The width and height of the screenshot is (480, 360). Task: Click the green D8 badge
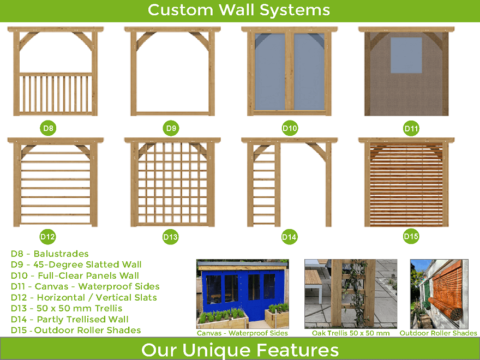48,128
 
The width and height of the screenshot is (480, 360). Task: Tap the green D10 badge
290,128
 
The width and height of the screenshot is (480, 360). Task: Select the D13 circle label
170,237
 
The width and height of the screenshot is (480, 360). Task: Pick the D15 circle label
411,236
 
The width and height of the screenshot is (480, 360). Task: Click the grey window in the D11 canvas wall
406,55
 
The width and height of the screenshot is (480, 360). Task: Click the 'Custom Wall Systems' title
239,10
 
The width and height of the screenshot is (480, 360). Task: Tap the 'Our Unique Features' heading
240,350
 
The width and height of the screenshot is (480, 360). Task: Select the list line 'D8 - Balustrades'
50,254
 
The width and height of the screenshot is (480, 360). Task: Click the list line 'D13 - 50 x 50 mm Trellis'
67,308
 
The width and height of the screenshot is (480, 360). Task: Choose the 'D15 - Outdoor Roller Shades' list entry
76,331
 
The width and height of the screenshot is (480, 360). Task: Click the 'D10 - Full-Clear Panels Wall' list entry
75,275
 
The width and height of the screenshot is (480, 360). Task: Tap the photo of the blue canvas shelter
242,294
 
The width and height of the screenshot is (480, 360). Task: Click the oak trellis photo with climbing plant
351,294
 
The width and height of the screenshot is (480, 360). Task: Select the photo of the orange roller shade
439,294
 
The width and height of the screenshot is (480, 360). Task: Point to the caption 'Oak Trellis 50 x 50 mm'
351,333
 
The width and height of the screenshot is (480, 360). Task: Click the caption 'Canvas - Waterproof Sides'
242,333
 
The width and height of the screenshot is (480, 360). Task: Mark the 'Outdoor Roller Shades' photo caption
439,333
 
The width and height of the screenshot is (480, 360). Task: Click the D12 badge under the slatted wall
48,237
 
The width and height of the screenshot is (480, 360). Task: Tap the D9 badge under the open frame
171,128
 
